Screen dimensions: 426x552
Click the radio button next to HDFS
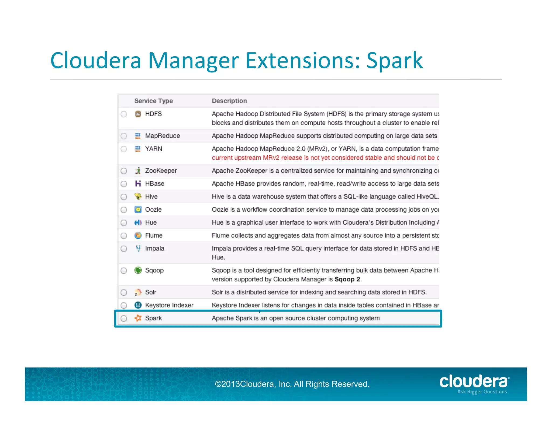pyautogui.click(x=124, y=114)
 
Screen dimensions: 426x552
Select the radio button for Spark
pyautogui.click(x=124, y=319)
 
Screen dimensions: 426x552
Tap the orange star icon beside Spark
pyautogui.click(x=138, y=318)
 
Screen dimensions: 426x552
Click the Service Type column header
pyautogui.click(x=153, y=101)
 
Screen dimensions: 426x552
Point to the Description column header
pyautogui.click(x=229, y=101)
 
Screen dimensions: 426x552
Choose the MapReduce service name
pyautogui.click(x=162, y=136)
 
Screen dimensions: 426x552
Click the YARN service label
pyautogui.click(x=154, y=149)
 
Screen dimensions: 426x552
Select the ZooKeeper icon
pyautogui.click(x=138, y=171)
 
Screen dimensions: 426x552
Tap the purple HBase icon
pyautogui.click(x=138, y=184)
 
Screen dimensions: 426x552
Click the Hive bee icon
pyautogui.click(x=138, y=197)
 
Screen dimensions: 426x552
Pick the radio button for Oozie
pyautogui.click(x=124, y=210)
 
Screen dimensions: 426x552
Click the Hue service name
pyautogui.click(x=151, y=222)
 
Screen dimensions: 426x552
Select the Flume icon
pyautogui.click(x=138, y=235)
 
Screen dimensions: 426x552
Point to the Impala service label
pyautogui.click(x=154, y=248)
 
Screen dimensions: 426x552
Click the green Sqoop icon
pyautogui.click(x=138, y=270)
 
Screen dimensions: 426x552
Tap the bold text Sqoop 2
pyautogui.click(x=347, y=279)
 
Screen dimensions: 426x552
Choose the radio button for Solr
pyautogui.click(x=124, y=292)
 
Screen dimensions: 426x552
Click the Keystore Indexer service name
pyautogui.click(x=169, y=305)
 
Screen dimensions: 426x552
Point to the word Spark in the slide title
pyautogui.click(x=394, y=61)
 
